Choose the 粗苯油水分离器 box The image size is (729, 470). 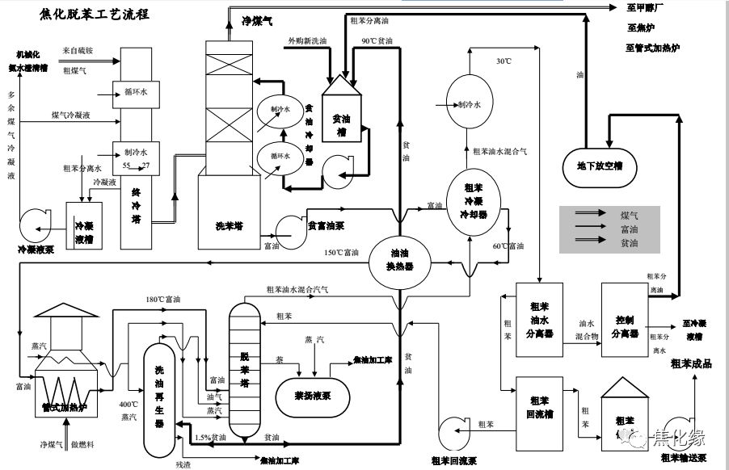[539, 321]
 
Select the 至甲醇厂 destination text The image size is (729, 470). [646, 10]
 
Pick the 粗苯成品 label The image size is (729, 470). [691, 363]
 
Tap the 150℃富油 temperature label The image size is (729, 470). [341, 253]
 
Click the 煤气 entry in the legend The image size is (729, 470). [629, 216]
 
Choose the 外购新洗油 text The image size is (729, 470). [307, 40]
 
